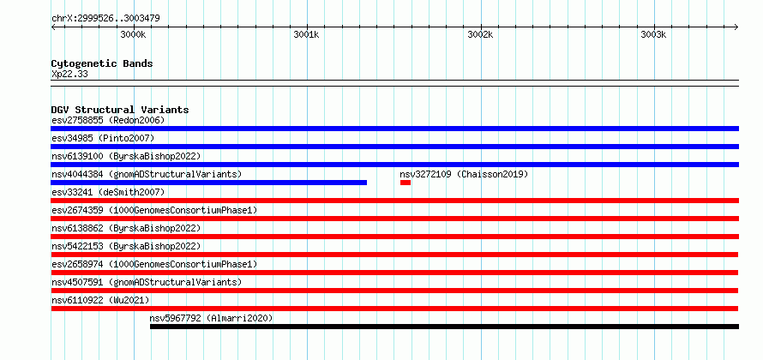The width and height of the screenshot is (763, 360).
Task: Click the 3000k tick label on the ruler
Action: (x=133, y=34)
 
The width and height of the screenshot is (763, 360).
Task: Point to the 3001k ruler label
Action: (x=307, y=34)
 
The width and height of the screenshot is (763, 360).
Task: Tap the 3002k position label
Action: (x=480, y=34)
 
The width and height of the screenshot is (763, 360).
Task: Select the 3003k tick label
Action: (x=653, y=34)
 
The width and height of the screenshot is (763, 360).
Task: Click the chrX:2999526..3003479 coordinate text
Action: (x=105, y=19)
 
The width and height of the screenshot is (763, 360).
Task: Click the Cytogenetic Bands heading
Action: (x=102, y=63)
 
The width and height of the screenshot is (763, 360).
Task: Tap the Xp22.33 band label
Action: (x=69, y=75)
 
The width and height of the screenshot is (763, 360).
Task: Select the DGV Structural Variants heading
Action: (x=120, y=110)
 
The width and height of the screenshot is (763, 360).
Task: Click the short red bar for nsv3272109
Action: (x=406, y=183)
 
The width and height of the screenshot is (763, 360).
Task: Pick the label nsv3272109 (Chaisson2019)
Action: (x=464, y=174)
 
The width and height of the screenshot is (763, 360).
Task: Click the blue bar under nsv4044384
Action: (x=209, y=183)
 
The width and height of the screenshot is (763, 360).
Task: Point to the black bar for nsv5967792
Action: (x=444, y=327)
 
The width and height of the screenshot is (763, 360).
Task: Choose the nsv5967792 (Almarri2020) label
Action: (x=211, y=318)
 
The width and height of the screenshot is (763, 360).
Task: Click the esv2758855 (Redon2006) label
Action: (x=108, y=120)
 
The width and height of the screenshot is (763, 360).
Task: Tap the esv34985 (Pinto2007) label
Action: (x=103, y=138)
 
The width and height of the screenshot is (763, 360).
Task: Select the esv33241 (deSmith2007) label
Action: (x=108, y=192)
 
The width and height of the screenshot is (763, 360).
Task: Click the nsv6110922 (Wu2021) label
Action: (x=100, y=300)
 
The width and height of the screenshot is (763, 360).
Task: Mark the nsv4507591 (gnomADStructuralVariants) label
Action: (x=147, y=282)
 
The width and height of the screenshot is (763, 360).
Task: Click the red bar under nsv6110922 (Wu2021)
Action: (x=394, y=309)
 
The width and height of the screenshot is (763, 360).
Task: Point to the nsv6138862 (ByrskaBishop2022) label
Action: (x=126, y=228)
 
